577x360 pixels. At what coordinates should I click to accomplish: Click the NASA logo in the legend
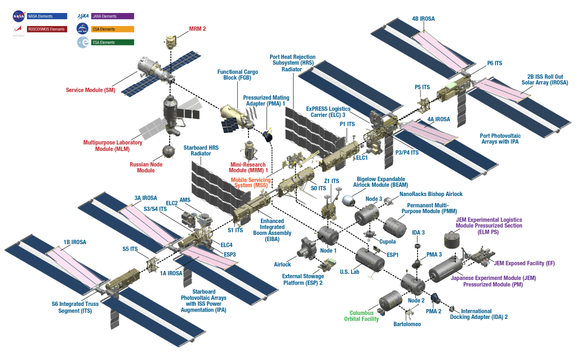coord(17,16)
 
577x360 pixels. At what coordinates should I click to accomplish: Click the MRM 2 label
coord(197,28)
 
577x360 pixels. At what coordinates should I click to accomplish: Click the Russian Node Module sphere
coord(168,151)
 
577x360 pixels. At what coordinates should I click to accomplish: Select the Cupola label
coord(386,241)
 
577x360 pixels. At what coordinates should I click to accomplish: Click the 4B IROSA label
coord(423,19)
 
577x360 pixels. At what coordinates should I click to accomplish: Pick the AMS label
coord(187,201)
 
